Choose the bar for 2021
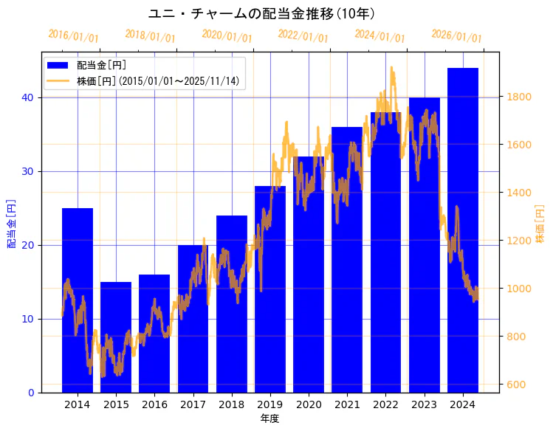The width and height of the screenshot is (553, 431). (x=347, y=259)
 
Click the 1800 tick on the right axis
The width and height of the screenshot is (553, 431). (x=518, y=97)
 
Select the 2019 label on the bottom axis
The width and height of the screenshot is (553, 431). (x=270, y=404)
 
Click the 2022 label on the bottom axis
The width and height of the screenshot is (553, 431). (x=385, y=404)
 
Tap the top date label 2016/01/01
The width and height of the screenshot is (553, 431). (x=72, y=35)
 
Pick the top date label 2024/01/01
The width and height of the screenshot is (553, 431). (x=379, y=35)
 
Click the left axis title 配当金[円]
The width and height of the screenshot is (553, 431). (x=11, y=223)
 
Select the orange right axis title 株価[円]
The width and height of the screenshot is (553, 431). (x=540, y=223)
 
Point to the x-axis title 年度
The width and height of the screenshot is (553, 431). (x=269, y=418)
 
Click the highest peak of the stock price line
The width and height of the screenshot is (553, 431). (x=392, y=68)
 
